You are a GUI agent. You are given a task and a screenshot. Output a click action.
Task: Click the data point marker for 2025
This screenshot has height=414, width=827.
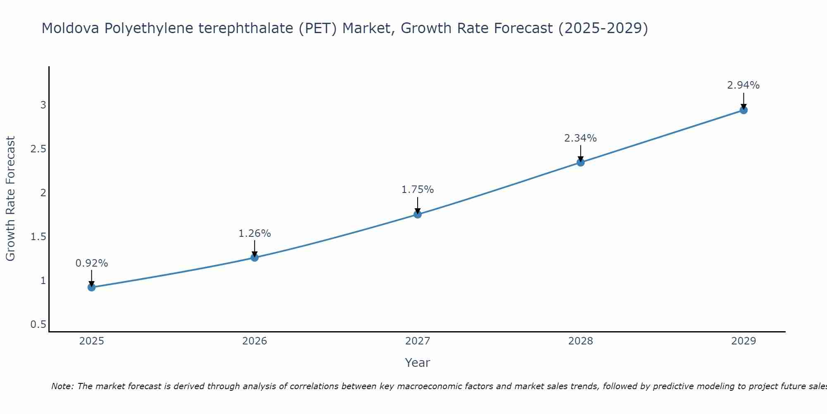pos(91,287)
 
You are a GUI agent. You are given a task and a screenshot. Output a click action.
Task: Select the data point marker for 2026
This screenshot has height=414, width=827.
pos(255,258)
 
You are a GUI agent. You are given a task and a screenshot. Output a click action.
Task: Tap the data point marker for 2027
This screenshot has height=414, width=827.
pos(418,214)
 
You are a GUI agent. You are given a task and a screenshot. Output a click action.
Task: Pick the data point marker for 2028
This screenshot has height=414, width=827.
pos(581,162)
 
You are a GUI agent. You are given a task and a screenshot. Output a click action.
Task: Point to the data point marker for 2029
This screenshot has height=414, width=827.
pos(743,110)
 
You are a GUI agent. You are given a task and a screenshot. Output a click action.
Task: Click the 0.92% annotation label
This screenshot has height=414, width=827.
pos(91,263)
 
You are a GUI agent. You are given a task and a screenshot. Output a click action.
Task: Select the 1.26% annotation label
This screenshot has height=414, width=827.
pos(255,233)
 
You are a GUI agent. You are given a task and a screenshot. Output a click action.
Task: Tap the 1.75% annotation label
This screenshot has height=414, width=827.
pos(418,190)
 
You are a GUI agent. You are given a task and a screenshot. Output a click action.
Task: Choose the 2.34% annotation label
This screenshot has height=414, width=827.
pos(581,138)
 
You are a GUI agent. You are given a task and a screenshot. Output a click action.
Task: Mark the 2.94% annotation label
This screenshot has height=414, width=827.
pos(743,85)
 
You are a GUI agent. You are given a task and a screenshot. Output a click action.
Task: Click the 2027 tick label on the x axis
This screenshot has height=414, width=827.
pos(418,341)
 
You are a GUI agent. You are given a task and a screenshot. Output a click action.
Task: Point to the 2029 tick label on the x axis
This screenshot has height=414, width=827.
pos(743,341)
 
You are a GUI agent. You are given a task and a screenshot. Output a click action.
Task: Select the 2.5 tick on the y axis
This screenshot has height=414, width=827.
pos(38,149)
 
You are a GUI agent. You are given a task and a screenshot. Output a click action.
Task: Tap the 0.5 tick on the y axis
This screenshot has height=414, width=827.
pos(38,325)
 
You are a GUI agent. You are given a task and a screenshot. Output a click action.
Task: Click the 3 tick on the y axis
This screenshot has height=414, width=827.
pos(43,105)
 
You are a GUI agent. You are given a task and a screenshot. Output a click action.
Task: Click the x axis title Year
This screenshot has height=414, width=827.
pos(418,363)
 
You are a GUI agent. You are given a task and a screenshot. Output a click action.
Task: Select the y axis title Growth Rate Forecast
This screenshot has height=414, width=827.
pos(10,199)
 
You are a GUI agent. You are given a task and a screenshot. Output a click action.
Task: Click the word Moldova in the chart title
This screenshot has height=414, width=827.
pos(70,28)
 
